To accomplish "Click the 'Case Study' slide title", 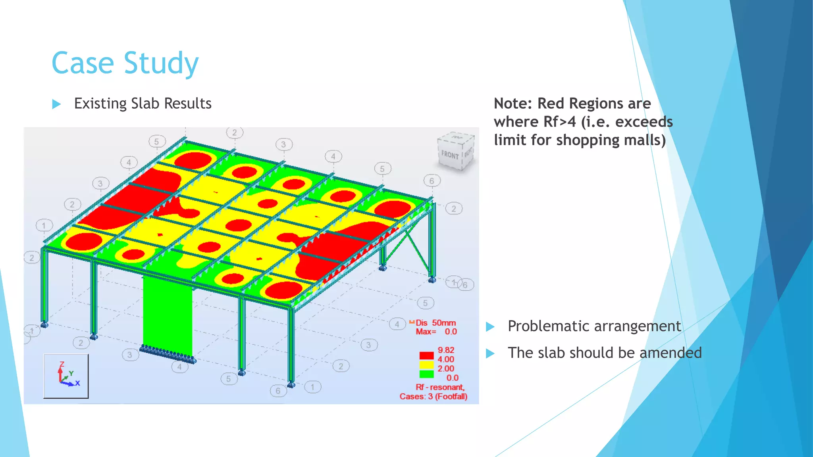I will [x=125, y=63].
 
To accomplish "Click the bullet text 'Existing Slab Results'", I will [x=143, y=104].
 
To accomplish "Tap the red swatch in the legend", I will [x=426, y=355].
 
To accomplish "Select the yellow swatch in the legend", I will [x=426, y=365].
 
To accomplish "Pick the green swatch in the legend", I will [x=426, y=374].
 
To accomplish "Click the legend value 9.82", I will [x=446, y=350].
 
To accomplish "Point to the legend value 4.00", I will [x=446, y=359].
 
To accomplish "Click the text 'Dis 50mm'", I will [x=435, y=323].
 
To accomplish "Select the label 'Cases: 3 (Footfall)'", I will [x=433, y=396].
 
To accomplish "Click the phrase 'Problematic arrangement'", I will [x=594, y=326].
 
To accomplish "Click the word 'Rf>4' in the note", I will [x=559, y=122].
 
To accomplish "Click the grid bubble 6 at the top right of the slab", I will [x=432, y=181].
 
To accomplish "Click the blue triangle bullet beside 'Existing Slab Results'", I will [x=56, y=104].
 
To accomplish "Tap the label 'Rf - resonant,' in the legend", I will [x=440, y=387].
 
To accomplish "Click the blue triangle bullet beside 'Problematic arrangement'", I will [x=490, y=327].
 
